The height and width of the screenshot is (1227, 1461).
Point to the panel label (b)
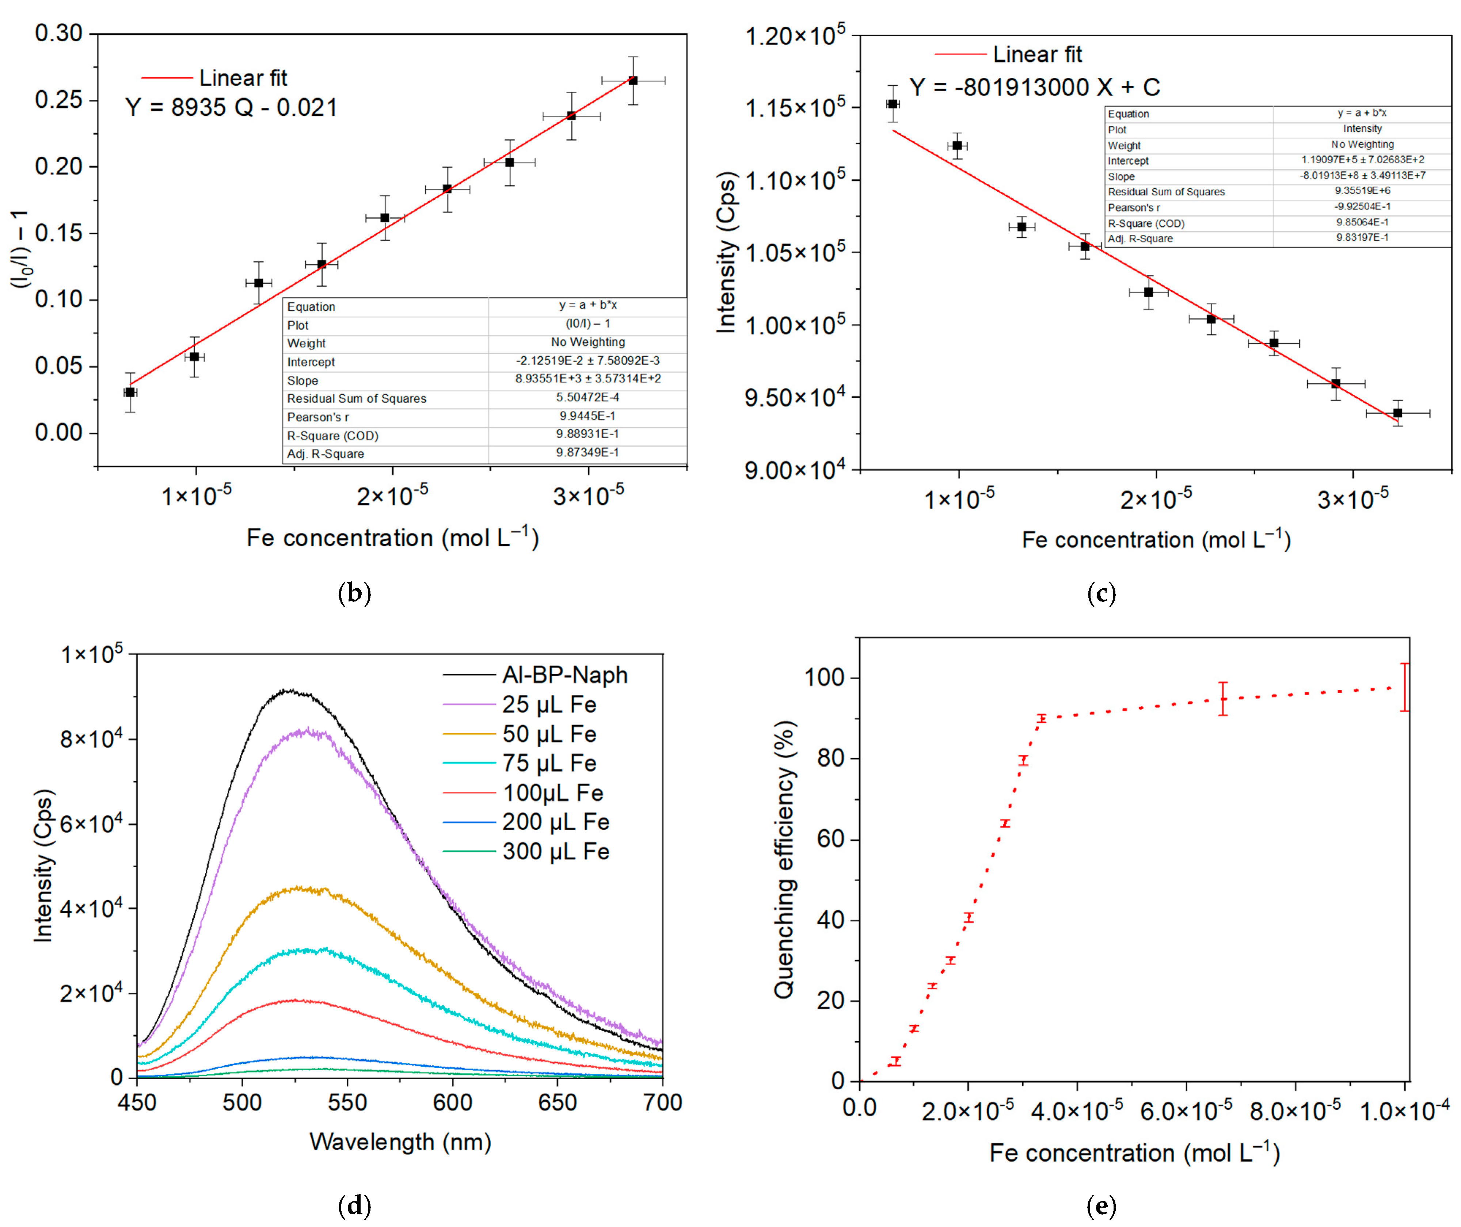pos(354,593)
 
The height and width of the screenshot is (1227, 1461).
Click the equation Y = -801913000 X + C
pos(1035,88)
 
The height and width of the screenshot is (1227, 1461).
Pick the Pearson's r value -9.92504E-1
pos(1362,207)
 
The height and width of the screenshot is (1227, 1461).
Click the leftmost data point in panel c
pos(893,104)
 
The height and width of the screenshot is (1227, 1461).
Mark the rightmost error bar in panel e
pos(1405,687)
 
